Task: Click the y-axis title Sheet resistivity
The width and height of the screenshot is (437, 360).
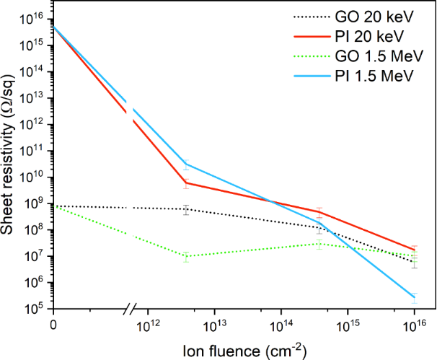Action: (10, 167)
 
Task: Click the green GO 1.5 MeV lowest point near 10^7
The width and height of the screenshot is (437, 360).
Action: (186, 256)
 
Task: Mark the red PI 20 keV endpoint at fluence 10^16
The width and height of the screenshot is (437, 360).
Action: (414, 250)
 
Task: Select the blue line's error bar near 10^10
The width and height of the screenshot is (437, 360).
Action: (186, 163)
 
